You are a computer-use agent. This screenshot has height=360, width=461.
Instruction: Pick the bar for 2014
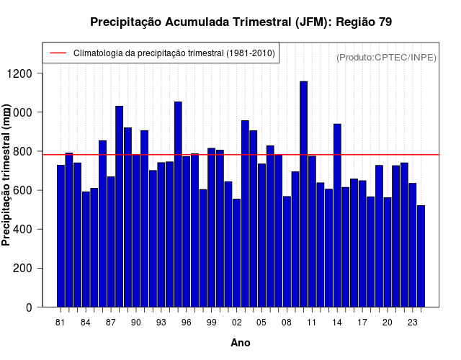point(337,215)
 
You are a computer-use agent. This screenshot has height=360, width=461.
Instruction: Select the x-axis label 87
point(111,323)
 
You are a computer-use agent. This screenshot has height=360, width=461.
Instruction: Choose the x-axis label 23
point(413,323)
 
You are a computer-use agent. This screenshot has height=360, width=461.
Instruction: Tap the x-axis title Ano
point(241,343)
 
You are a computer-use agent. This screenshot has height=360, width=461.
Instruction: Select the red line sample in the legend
point(58,53)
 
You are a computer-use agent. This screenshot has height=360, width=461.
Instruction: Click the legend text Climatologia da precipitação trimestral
point(174,53)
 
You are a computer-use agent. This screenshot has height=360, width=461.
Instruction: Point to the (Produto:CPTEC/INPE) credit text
point(387,57)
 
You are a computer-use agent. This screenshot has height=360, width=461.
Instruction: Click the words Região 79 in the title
point(364,22)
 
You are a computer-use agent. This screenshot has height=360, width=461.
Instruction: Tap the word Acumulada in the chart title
point(199,22)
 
